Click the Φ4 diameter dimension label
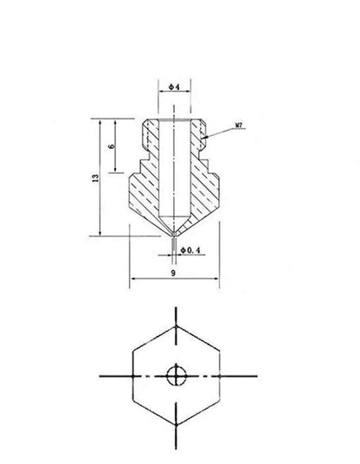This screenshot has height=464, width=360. click(174, 87)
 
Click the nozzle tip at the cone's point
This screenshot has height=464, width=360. click(175, 235)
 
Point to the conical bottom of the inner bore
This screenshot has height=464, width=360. click(175, 223)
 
